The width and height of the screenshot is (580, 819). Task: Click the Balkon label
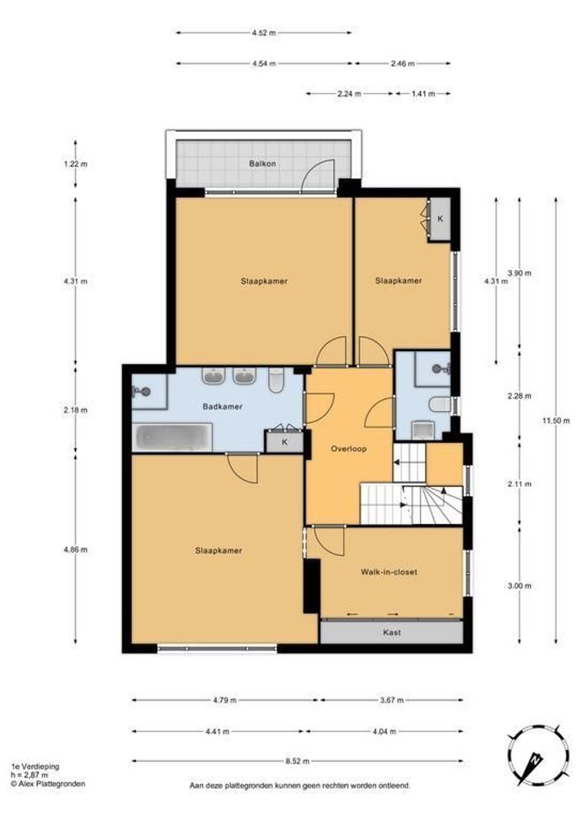tap(262, 164)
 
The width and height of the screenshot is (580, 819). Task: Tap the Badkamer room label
tap(222, 406)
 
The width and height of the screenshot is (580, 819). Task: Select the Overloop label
tap(348, 449)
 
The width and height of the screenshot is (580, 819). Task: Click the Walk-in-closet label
tap(389, 572)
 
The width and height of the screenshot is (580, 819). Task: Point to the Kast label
tap(392, 632)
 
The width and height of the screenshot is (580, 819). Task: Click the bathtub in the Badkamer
tap(173, 438)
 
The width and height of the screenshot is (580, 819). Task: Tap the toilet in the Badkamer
tap(276, 381)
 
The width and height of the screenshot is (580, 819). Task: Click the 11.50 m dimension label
tap(556, 420)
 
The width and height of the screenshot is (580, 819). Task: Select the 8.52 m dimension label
tap(298, 761)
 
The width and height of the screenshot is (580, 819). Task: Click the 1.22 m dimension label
tap(75, 164)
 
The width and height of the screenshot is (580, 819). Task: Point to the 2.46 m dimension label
tap(402, 64)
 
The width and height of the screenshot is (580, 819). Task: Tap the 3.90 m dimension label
tap(519, 273)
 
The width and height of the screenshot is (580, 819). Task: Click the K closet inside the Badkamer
tap(285, 442)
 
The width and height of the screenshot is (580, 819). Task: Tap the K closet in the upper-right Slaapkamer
tap(440, 219)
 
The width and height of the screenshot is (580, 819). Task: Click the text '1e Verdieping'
tap(35, 766)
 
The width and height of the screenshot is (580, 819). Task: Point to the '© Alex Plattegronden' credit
tap(48, 783)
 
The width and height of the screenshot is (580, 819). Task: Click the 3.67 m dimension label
tap(392, 701)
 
